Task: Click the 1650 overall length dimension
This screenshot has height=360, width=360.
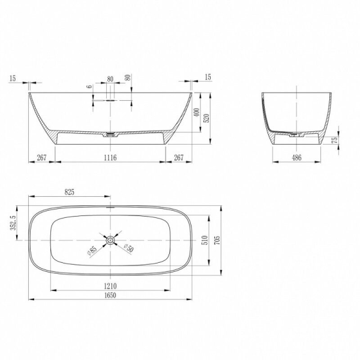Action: [110, 295]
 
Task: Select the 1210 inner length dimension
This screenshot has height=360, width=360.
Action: [110, 286]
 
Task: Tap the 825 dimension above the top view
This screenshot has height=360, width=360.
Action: [69, 192]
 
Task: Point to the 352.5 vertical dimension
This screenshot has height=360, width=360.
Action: [13, 223]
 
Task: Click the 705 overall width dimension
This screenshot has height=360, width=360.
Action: [217, 240]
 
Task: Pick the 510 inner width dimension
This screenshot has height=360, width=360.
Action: [205, 240]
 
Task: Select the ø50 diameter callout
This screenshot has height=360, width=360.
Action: [129, 248]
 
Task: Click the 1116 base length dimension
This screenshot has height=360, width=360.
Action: [110, 157]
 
